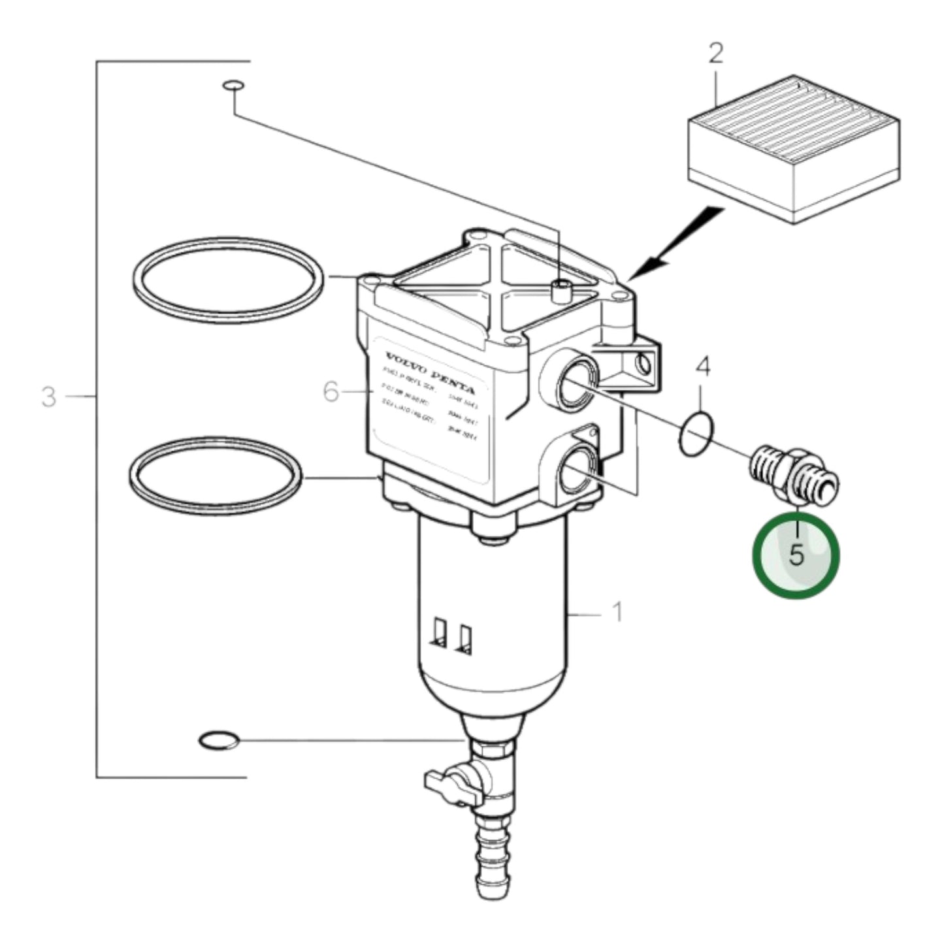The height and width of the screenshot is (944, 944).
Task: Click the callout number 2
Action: [x=716, y=54]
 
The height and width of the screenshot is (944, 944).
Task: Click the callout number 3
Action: [x=49, y=396]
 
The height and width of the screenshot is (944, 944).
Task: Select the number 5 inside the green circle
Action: [x=796, y=555]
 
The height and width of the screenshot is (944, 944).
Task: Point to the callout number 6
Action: [x=332, y=392]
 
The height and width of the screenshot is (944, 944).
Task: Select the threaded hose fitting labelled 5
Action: [x=792, y=475]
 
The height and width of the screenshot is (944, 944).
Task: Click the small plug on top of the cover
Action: [x=560, y=289]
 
